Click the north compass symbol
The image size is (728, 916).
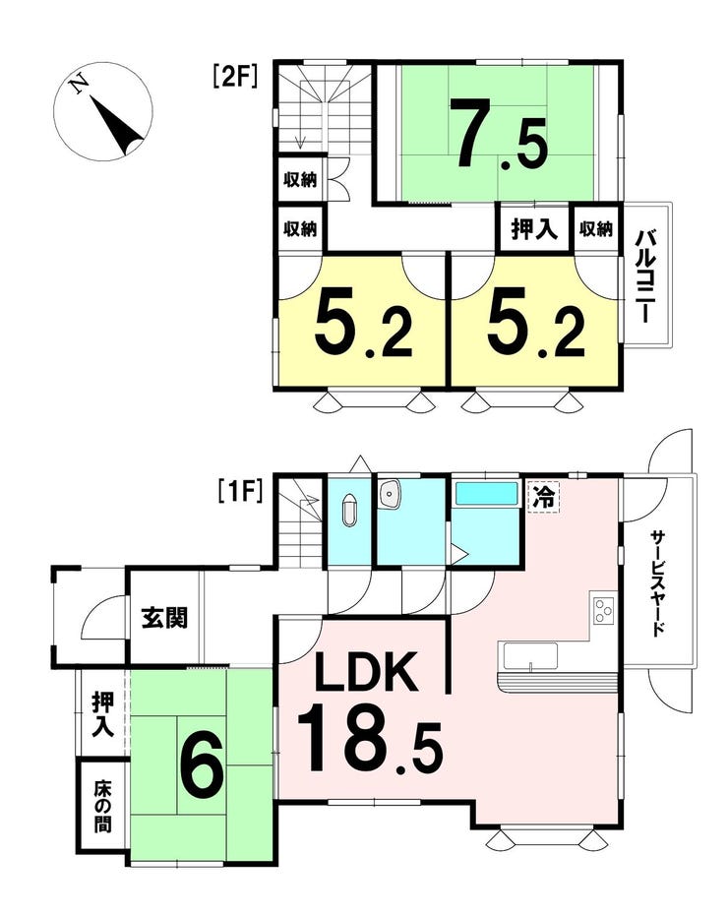[104, 111]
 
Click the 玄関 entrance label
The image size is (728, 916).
[164, 619]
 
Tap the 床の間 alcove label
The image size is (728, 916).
[102, 807]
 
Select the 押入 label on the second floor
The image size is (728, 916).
[533, 229]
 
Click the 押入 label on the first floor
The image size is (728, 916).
[102, 714]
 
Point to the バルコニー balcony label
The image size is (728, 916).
[646, 276]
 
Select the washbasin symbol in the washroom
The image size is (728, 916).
[391, 496]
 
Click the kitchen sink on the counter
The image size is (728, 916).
[529, 654]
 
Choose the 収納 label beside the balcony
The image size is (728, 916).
[596, 229]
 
